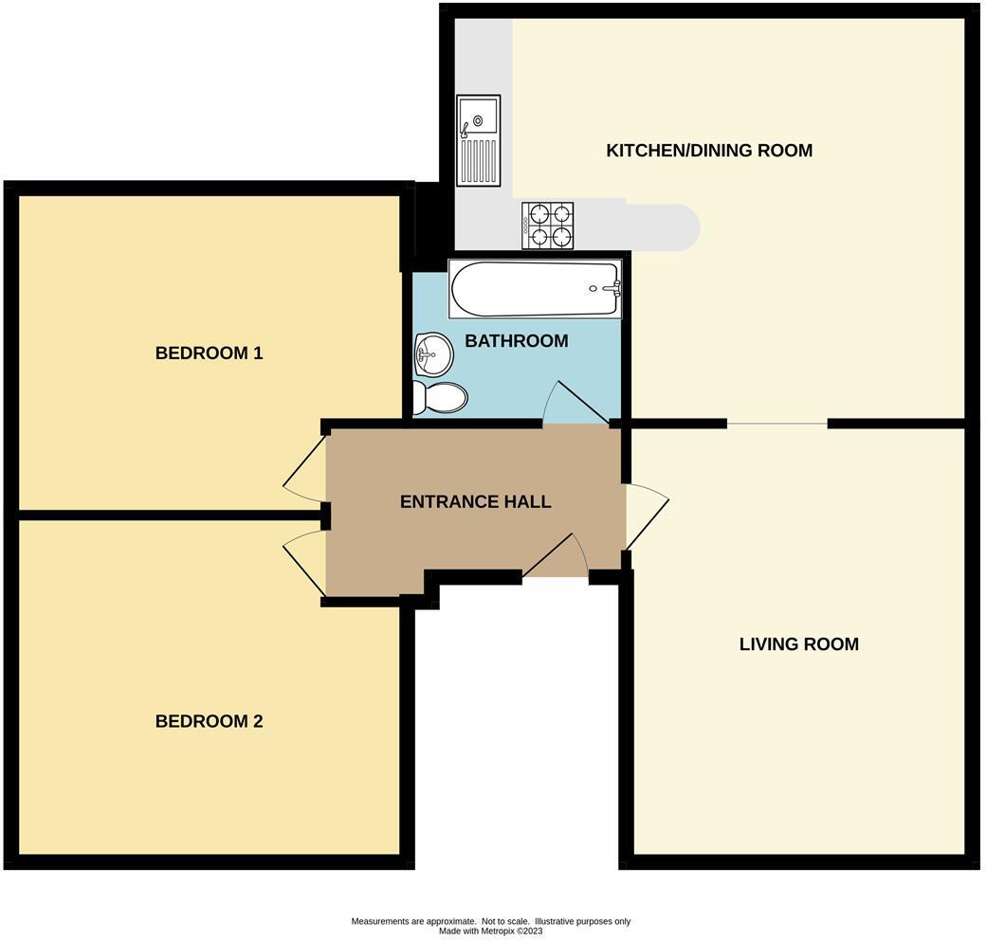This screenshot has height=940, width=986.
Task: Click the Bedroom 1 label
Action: [x=209, y=353]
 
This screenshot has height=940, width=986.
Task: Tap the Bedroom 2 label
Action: [x=209, y=721]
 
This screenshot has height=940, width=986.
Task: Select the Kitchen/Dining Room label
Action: [x=709, y=151]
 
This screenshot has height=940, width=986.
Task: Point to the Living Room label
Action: [x=798, y=644]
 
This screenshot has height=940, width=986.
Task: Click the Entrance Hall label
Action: [x=475, y=502]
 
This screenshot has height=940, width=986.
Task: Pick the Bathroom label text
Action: [x=516, y=341]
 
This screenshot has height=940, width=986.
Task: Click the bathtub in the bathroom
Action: [x=536, y=289]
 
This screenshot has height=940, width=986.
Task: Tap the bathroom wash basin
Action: [x=432, y=353]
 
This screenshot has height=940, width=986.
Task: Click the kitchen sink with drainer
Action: [x=477, y=139]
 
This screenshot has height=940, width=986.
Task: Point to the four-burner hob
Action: [x=548, y=226]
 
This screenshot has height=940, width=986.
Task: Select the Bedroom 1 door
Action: [x=305, y=464]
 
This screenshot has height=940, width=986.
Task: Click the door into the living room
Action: [x=645, y=516]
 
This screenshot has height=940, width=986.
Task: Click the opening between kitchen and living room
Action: [x=777, y=424]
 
